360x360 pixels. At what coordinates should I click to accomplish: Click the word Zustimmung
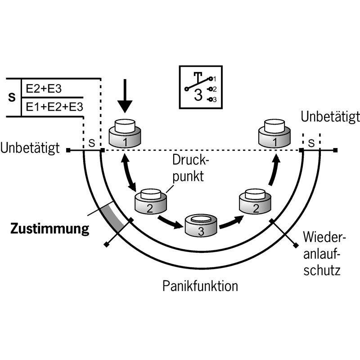point(49,229)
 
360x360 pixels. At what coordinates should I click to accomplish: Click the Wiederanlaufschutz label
point(321,253)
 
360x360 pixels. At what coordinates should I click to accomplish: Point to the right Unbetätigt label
point(330,117)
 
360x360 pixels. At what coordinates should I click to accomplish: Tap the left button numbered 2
point(151,202)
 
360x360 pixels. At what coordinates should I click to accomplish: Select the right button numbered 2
point(254,202)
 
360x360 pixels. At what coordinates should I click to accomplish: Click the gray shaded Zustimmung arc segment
point(112,217)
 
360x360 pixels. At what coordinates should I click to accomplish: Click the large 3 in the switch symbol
point(198,94)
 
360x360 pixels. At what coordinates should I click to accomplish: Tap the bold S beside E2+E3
point(13,97)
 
